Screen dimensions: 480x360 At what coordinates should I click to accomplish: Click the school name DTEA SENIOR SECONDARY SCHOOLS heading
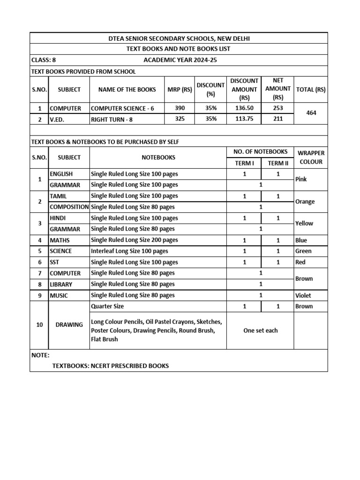coord(179,38)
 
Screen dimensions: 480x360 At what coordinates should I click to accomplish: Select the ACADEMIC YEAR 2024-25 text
coord(180,60)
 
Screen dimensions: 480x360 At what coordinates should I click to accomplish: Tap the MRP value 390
coord(180,108)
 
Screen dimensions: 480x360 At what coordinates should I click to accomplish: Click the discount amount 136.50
coord(244,108)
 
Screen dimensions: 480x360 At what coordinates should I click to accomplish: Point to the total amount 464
coord(311,113)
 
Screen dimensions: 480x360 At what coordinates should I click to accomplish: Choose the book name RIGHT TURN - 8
coord(112,119)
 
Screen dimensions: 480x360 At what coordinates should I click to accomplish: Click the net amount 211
coord(277,119)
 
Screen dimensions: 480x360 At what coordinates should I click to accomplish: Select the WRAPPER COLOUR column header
coord(311,157)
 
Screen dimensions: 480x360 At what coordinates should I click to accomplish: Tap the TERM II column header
coord(277,163)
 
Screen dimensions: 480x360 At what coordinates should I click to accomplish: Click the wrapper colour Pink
coord(301,180)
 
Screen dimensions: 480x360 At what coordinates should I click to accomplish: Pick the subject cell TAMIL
coord(58,196)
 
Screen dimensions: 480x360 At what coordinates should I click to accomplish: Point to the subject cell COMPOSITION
coord(69,207)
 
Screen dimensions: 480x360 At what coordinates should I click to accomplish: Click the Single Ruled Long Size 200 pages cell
coord(135,240)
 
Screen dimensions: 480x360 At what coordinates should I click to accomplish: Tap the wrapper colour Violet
coord(303,295)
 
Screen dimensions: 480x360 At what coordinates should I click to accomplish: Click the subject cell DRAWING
coord(69,324)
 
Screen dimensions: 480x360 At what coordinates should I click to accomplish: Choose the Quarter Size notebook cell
coord(107,306)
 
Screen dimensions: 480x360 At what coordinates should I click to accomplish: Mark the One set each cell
coord(261,330)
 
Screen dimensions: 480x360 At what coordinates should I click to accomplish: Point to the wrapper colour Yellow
coord(304,224)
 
